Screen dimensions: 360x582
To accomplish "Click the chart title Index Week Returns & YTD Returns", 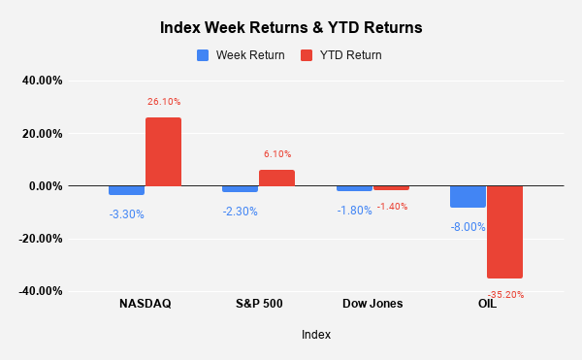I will click(291, 28).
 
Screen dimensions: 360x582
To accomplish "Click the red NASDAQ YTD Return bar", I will click(163, 151).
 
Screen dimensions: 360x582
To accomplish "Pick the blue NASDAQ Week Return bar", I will click(127, 190).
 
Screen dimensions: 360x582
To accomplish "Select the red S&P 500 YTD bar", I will click(276, 178).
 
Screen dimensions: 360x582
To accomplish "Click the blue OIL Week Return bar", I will click(468, 196).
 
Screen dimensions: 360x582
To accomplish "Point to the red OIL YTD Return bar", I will click(504, 232).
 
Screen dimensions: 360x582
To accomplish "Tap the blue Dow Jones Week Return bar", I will click(354, 188).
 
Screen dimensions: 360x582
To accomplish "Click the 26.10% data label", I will click(164, 101).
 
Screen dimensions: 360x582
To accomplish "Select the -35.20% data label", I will click(504, 294).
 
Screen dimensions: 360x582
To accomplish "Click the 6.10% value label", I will click(276, 153).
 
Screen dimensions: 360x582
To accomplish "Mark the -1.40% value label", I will click(391, 206).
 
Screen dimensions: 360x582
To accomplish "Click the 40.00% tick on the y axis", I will click(42, 82).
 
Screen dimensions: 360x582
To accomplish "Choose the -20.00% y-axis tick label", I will click(40, 239).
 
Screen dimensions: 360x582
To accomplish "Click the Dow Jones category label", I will click(372, 304).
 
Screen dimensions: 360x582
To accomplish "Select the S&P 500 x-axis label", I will click(259, 304).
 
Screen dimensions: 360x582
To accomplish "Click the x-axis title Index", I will click(315, 335).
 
